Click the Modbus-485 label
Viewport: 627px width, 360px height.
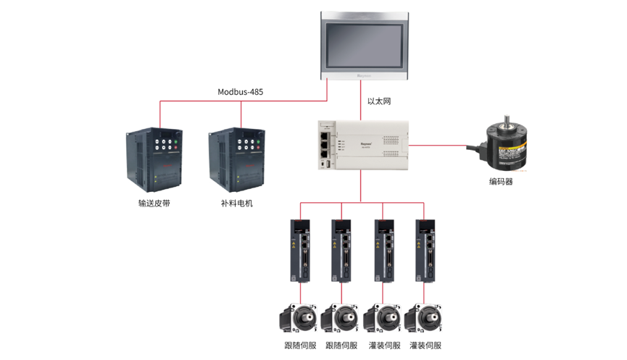241,92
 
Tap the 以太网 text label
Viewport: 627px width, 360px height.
379,101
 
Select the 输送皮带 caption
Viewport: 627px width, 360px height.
154,204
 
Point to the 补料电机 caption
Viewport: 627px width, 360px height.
237,204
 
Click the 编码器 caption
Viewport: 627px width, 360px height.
501,182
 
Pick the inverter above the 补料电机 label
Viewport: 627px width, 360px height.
236,157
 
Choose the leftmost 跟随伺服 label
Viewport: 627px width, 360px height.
300,346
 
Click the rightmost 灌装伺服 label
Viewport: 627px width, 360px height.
425,346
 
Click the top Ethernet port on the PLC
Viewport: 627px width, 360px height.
323,135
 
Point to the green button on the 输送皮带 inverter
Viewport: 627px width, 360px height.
176,143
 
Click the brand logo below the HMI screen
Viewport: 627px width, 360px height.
365,75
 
